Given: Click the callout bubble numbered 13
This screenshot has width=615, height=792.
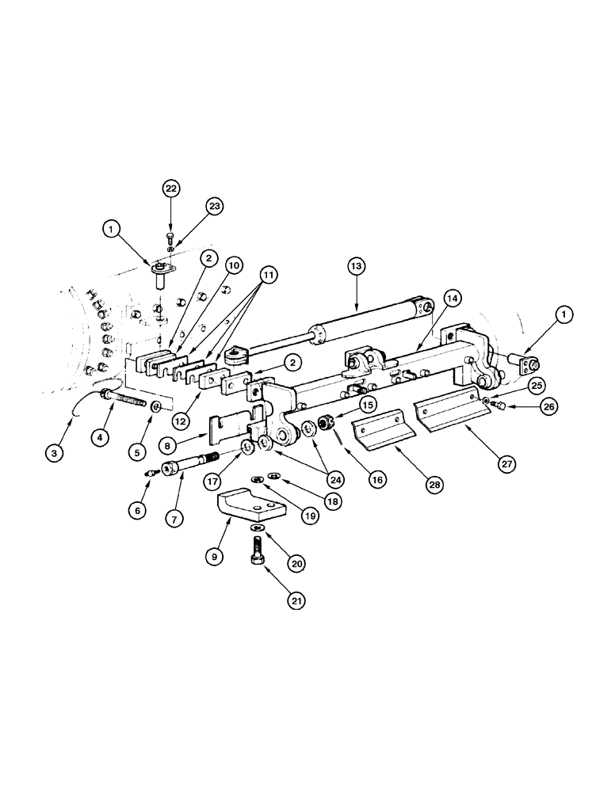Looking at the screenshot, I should [x=357, y=268].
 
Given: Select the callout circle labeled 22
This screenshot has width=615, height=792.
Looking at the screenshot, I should [x=171, y=188].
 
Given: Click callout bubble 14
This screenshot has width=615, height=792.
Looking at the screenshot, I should [x=452, y=299].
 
